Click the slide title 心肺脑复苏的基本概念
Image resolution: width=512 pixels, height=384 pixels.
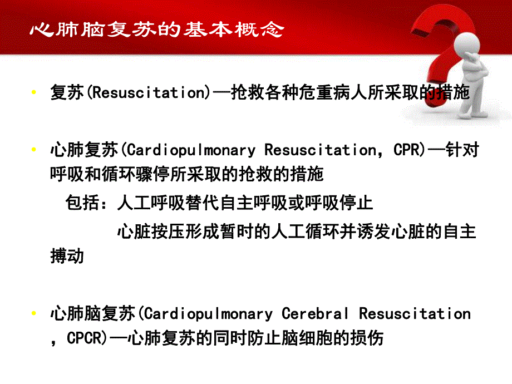click(156, 28)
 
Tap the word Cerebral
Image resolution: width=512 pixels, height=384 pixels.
click(316, 313)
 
